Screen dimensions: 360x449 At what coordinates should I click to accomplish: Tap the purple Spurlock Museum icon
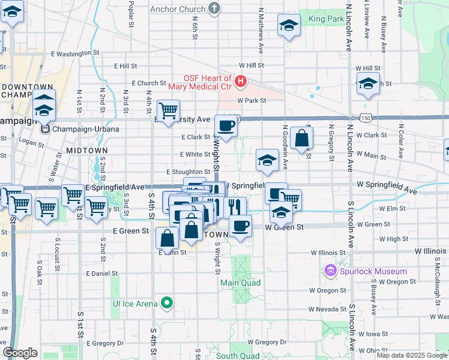point(330,271)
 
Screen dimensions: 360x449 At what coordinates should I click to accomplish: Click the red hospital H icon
point(241,80)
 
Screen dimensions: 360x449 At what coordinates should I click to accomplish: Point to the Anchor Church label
point(178,9)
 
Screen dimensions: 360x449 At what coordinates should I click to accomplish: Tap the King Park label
point(325,19)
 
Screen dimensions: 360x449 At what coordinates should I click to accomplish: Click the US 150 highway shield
point(365,118)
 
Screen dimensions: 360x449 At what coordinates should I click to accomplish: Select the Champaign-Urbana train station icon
point(44,128)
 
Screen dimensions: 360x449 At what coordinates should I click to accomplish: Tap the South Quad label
point(238,356)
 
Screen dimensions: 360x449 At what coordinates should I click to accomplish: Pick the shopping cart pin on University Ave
point(168,110)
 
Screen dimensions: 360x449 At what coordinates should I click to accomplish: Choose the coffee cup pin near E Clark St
point(226,125)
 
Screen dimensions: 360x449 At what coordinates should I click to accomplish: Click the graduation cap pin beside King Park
point(289,25)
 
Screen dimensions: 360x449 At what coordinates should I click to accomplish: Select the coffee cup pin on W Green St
point(240,226)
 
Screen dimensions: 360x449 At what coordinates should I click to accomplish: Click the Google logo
point(20,353)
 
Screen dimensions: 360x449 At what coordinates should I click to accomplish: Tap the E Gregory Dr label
point(105,343)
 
